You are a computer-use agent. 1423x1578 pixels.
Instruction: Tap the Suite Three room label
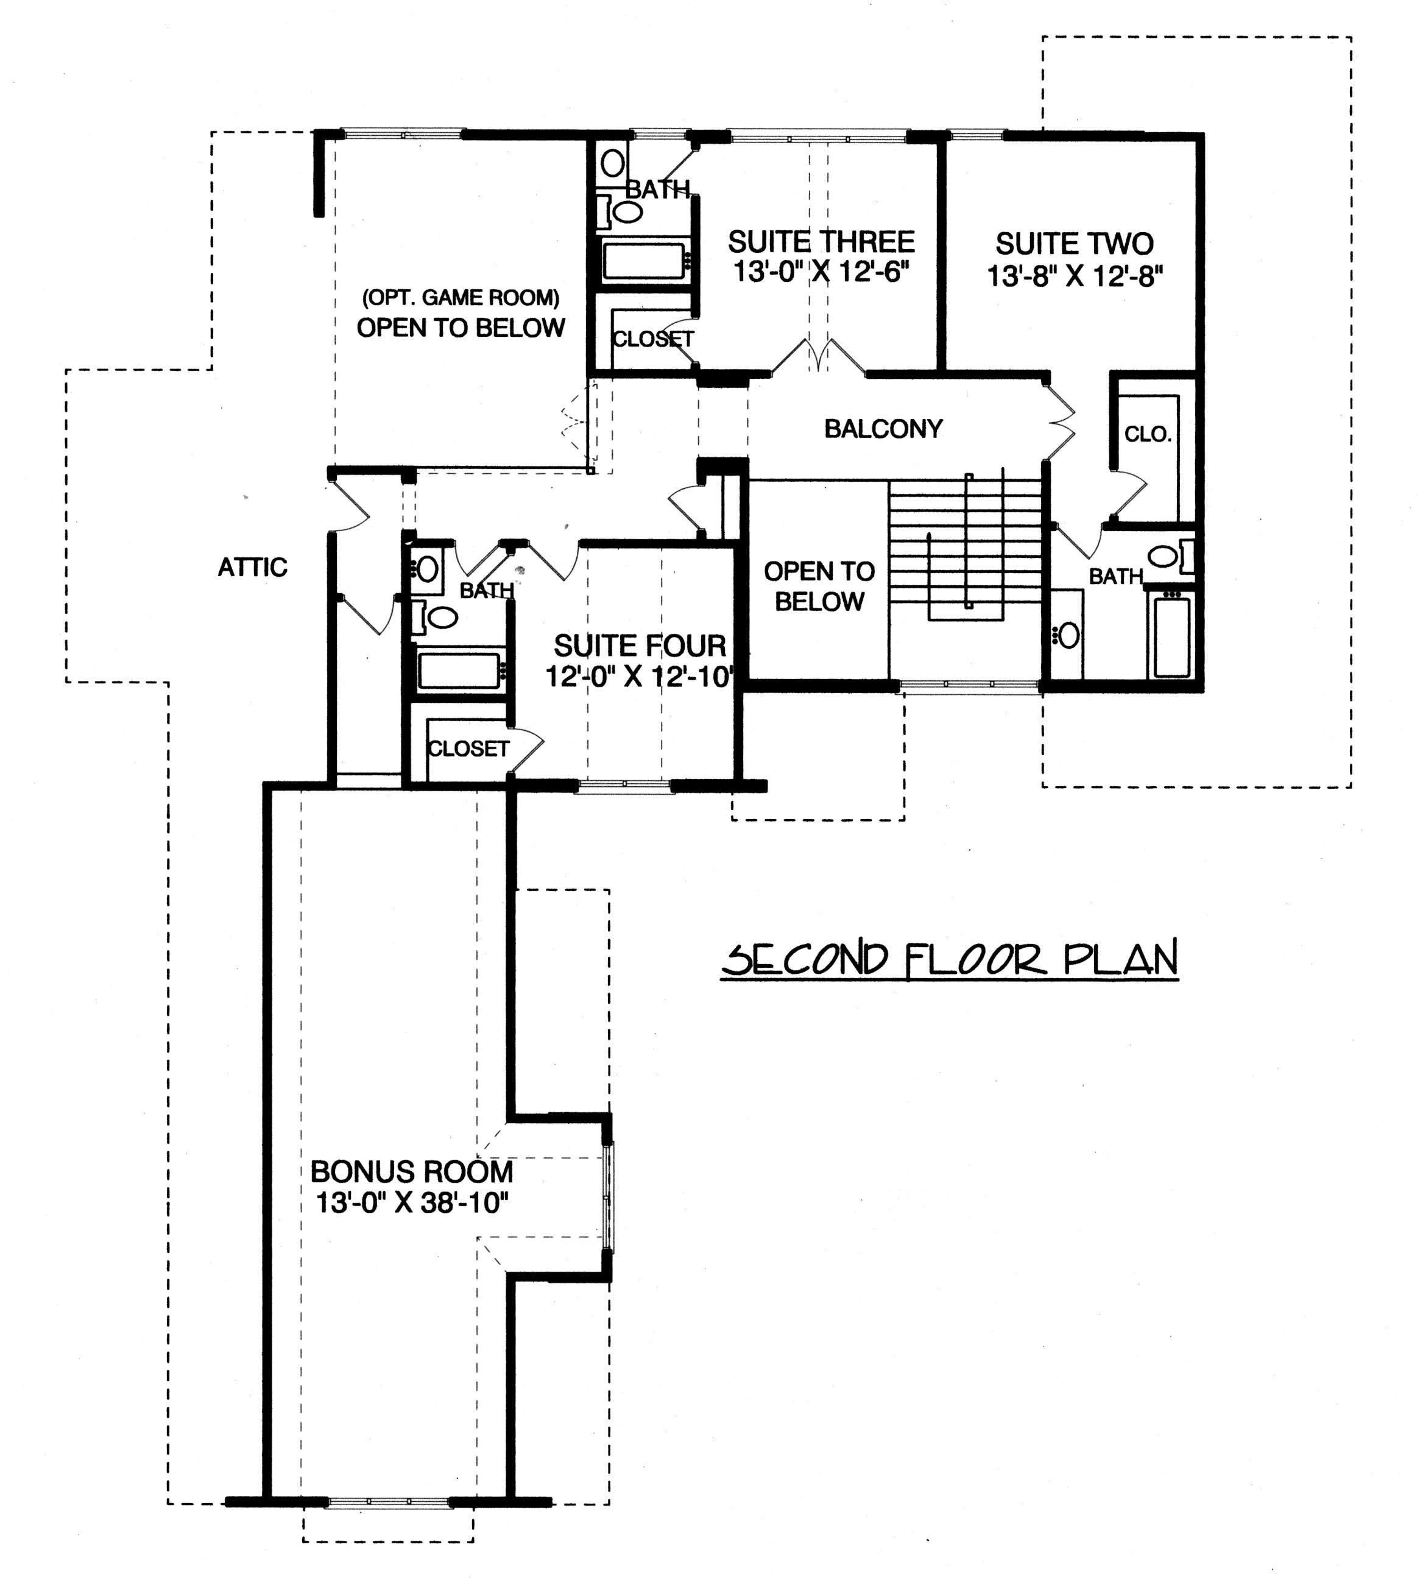tap(821, 242)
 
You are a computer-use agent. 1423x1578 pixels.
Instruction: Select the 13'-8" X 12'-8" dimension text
tap(1075, 277)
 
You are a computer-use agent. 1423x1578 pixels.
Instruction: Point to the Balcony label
tap(883, 428)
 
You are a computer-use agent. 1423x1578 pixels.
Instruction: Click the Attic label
tap(253, 566)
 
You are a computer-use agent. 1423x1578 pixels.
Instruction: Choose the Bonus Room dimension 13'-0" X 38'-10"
tap(412, 1203)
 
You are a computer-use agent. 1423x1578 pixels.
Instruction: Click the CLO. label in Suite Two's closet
tap(1147, 435)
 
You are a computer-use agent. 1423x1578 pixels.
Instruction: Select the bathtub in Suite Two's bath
tap(1170, 635)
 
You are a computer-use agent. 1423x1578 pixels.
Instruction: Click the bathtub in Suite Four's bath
tap(459, 671)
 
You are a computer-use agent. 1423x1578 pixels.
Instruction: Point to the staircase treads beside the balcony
tap(966, 547)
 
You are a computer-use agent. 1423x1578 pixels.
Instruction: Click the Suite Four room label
tap(640, 646)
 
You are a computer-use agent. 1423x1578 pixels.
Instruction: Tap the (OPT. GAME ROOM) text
tap(461, 298)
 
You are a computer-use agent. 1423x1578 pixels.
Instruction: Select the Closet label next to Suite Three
tap(652, 339)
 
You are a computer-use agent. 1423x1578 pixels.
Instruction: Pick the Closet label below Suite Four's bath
tap(468, 748)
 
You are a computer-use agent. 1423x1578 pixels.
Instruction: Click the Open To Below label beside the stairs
tap(819, 586)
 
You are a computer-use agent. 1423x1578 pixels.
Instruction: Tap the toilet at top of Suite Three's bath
tap(613, 163)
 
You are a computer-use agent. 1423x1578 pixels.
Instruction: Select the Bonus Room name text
tap(412, 1172)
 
